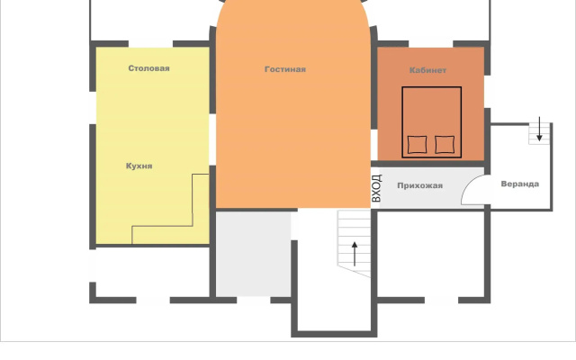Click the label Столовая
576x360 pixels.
tap(148, 68)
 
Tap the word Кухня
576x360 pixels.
tap(139, 166)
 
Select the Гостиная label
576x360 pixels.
tap(285, 69)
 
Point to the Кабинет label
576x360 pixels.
tap(427, 70)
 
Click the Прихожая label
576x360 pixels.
tap(420, 186)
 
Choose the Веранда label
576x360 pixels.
tap(520, 184)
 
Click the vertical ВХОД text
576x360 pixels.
tap(376, 188)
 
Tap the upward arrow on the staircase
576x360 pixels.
tap(355, 254)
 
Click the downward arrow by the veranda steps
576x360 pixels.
tap(539, 129)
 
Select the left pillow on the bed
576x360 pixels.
tap(417, 144)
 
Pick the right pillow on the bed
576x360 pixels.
tap(445, 144)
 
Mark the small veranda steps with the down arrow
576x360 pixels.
tap(539, 134)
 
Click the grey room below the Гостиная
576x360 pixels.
tap(254, 254)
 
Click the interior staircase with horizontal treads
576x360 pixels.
tap(354, 242)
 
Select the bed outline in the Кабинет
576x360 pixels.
tap(402, 122)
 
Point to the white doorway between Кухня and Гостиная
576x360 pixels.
tap(212, 139)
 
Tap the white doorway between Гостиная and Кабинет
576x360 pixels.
tap(374, 144)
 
